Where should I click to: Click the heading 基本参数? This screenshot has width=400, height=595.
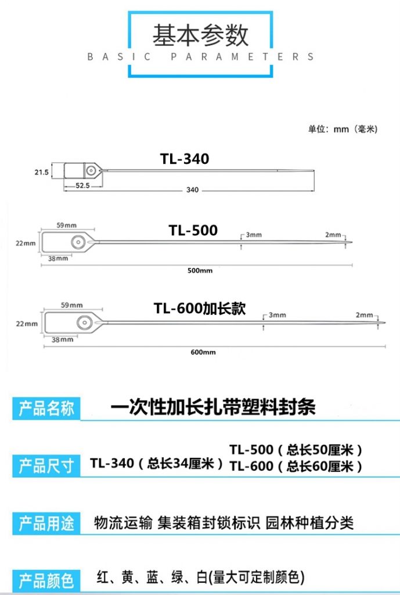coord(200,35)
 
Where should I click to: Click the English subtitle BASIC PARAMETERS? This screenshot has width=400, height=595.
coord(200,57)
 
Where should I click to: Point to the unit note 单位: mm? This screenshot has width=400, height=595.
coord(343,129)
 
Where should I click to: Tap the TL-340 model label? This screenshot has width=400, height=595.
coord(185,159)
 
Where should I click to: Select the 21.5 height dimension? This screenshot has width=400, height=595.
coord(42,172)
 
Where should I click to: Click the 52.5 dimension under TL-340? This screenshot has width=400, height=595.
coord(82,185)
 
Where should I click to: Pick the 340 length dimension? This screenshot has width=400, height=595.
coord(192,190)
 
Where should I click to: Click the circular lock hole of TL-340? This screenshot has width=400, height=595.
coord(91,170)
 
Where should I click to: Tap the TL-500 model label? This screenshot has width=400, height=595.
coord(193,230)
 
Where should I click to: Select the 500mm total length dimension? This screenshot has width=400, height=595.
coord(200,271)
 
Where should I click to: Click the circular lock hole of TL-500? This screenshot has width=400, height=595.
coord(78,242)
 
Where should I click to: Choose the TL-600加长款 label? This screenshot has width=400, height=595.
coord(200,308)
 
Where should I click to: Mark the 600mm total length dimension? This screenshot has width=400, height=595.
coord(203,352)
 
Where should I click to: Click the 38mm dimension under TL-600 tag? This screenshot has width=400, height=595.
coord(62,339)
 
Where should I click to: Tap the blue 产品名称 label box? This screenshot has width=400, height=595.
coord(46,408)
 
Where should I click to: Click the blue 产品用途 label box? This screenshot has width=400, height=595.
coord(46,524)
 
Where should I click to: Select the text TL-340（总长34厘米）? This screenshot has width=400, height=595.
coord(157,463)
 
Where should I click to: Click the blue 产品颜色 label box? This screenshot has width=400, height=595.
coord(46,580)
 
